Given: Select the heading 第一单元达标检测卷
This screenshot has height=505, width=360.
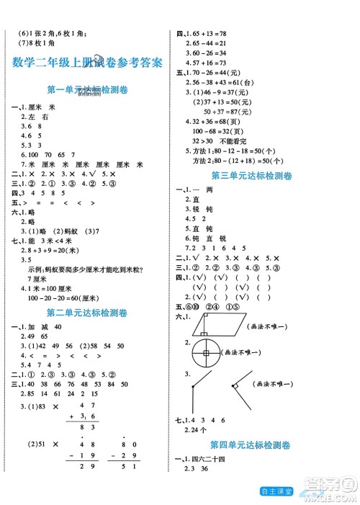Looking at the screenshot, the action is click(x=86, y=90).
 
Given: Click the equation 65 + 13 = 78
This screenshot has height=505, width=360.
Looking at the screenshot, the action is click(x=210, y=33).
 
